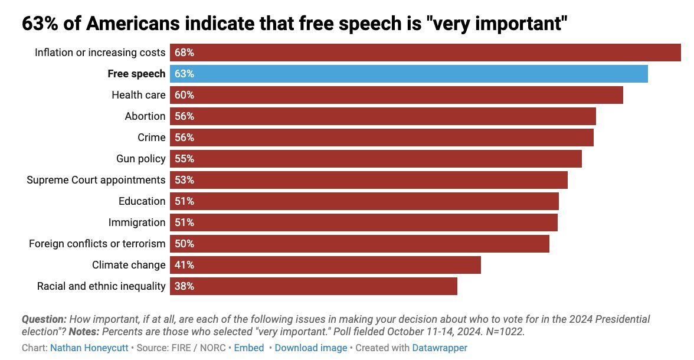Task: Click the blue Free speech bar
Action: (x=409, y=74)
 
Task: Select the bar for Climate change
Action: (x=325, y=265)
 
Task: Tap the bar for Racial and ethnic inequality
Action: (x=313, y=286)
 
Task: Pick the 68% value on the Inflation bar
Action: (x=184, y=53)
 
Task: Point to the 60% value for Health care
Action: (x=184, y=95)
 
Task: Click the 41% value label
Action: (x=184, y=265)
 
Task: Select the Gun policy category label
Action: (x=141, y=159)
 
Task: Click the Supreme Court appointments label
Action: (x=96, y=180)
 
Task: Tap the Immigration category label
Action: (x=137, y=222)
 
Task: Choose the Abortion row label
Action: (x=145, y=116)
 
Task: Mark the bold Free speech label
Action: (x=136, y=74)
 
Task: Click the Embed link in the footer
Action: (x=249, y=348)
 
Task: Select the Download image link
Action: (x=311, y=348)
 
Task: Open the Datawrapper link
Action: (x=440, y=348)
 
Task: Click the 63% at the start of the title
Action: (x=40, y=24)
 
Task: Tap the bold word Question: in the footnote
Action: (x=44, y=319)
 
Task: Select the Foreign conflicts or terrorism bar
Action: (x=359, y=244)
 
